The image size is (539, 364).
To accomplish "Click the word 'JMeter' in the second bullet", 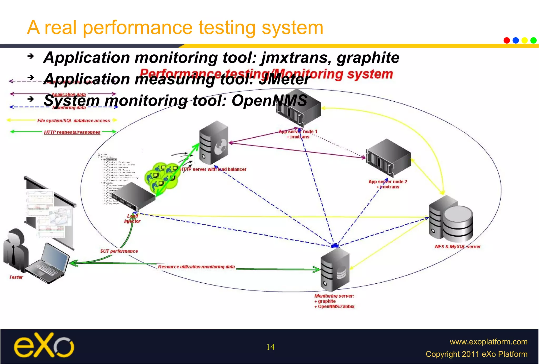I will tap(284, 79).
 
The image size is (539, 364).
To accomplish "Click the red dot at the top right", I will tap(507, 40).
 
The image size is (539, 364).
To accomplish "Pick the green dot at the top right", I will tap(533, 40).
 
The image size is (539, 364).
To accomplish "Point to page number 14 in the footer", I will tap(270, 347).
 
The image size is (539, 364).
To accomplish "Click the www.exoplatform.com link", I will tap(488, 342).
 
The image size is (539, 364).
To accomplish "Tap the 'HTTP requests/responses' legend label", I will tap(72, 132).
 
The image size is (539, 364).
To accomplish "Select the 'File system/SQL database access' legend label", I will tap(73, 121).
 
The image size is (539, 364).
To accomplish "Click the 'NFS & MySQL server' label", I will tap(458, 247).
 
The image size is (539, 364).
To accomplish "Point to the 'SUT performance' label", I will tap(119, 251).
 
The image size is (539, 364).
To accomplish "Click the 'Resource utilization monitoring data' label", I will tap(196, 267).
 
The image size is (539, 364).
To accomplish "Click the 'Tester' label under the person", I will tap(16, 277).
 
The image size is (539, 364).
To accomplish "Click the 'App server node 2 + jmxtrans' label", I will tap(388, 184).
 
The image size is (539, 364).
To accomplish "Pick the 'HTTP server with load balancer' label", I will tap(213, 169).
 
